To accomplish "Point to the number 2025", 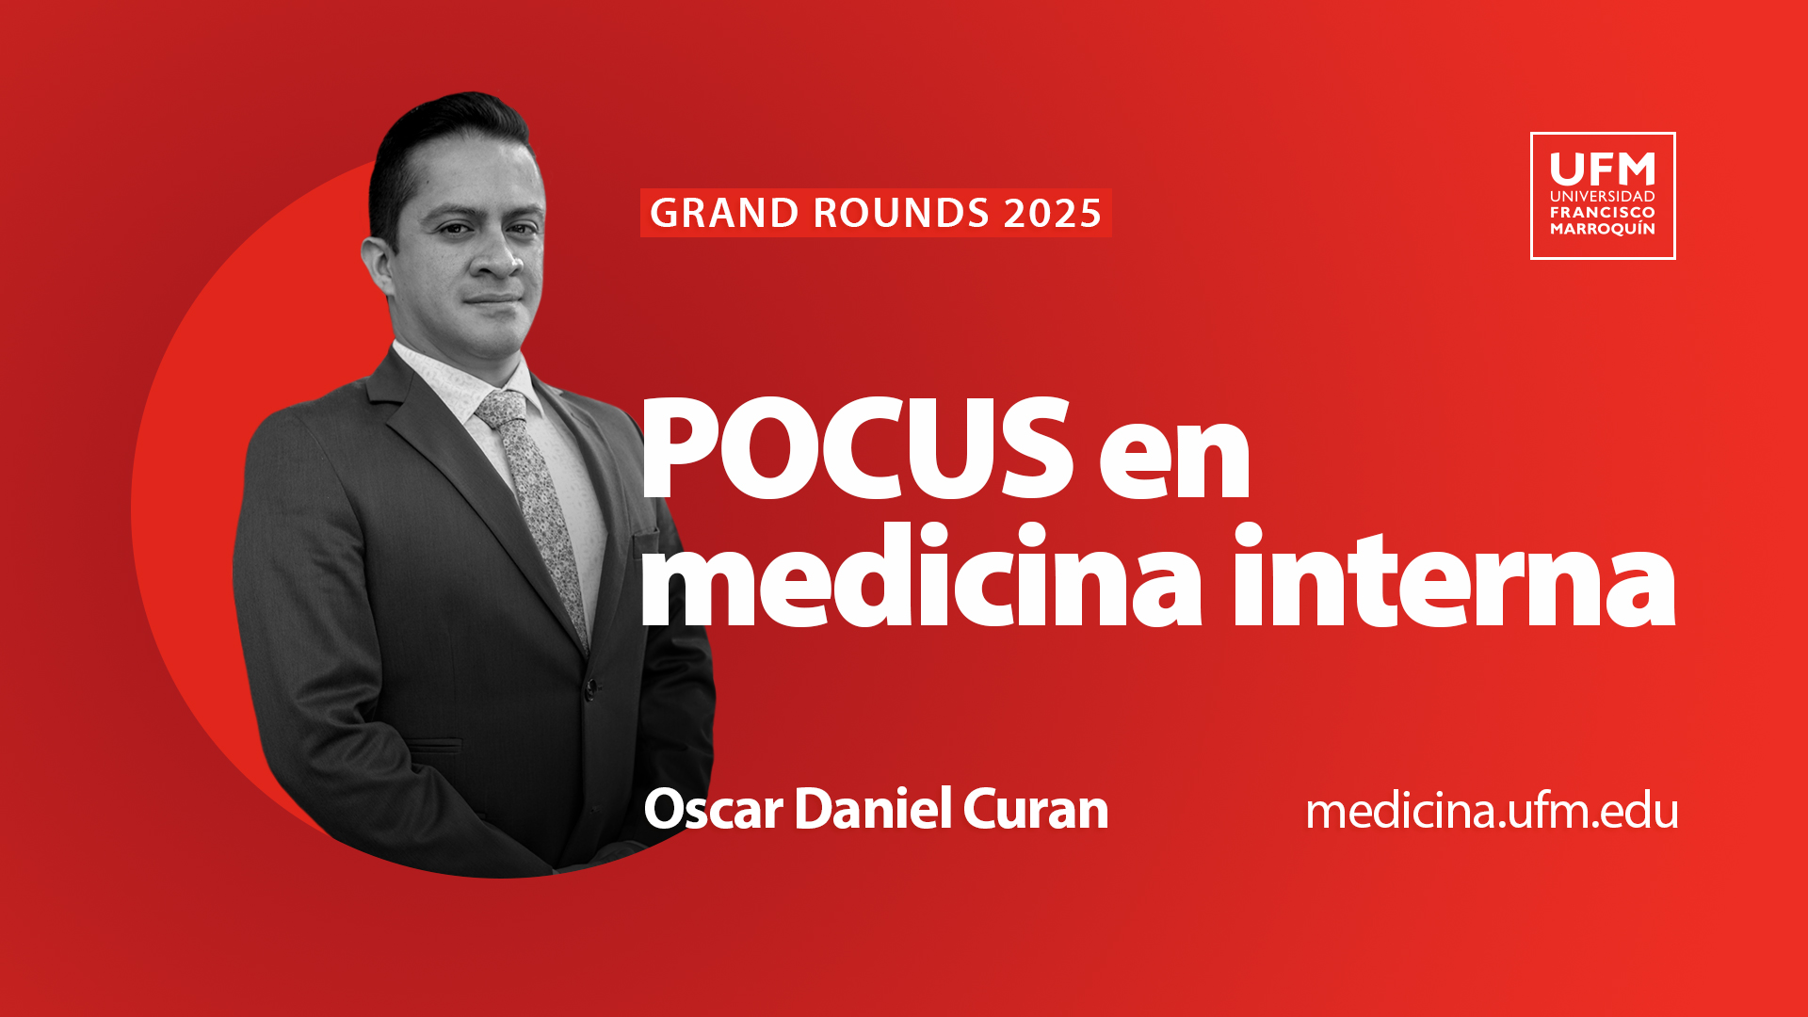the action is click(1052, 213).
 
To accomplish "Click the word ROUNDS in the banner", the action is click(901, 213).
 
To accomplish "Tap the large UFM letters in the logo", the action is click(1603, 169).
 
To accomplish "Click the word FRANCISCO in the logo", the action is click(1603, 213).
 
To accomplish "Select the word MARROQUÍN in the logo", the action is click(1603, 229).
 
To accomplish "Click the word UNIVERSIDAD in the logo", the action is click(1603, 196).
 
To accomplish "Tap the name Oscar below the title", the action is click(713, 809).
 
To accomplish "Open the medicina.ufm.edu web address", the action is click(1492, 811).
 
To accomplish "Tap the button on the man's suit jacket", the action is click(590, 686).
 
